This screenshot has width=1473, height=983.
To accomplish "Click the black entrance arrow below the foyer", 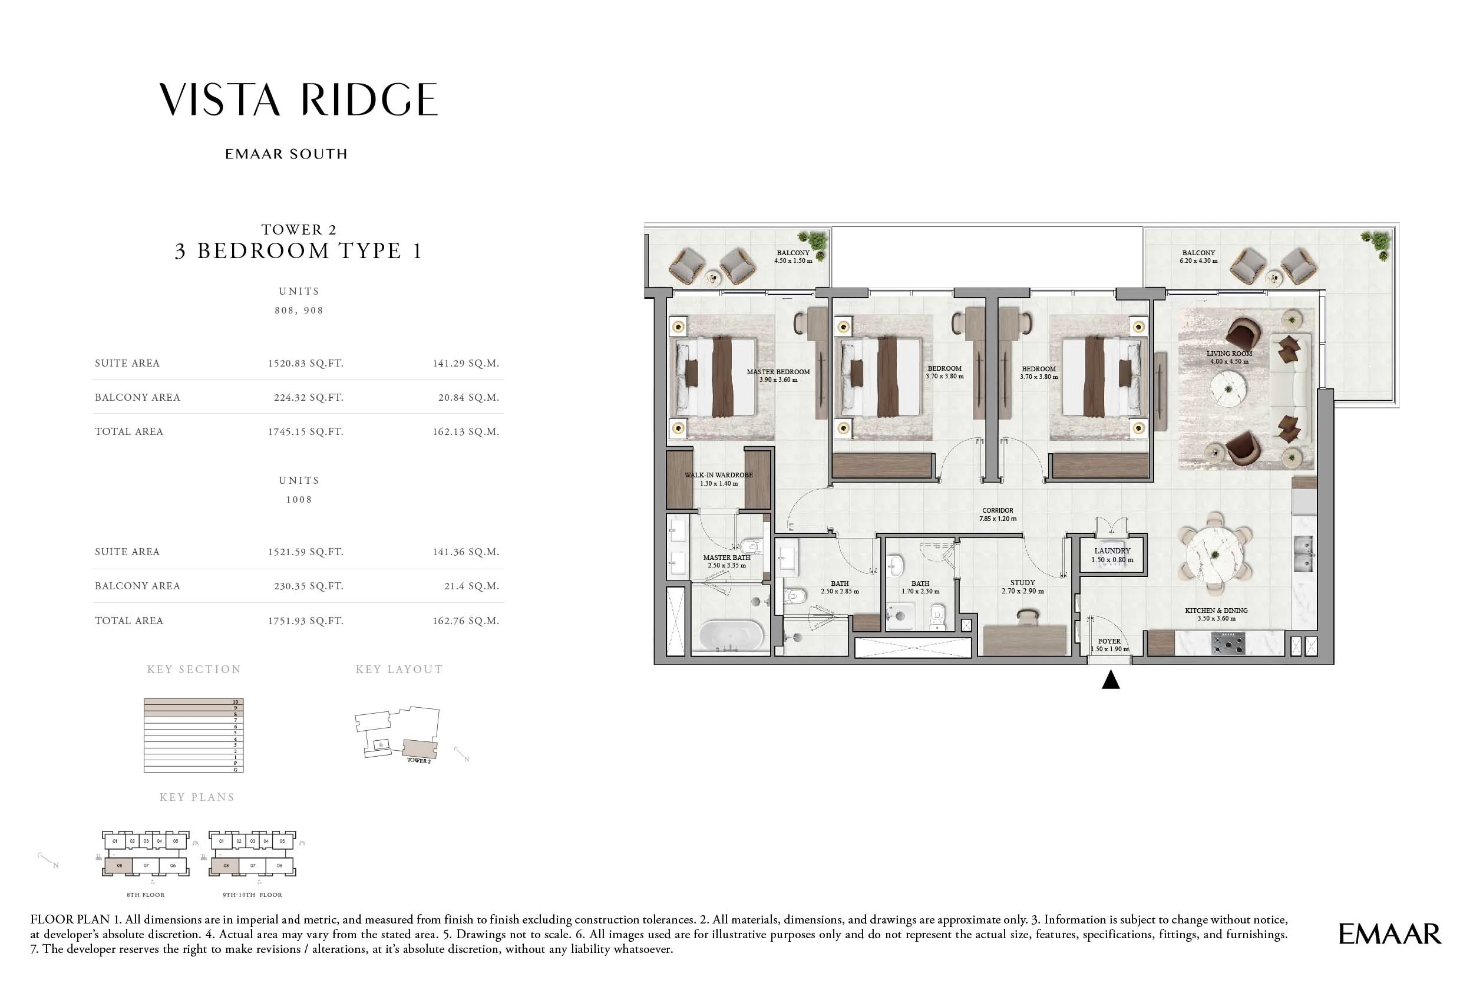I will (x=1110, y=679).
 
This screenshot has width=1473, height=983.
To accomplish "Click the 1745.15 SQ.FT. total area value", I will (x=305, y=431).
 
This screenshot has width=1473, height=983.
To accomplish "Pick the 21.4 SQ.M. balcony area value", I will (x=471, y=586).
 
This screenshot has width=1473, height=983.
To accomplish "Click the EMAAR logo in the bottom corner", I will (x=1390, y=934).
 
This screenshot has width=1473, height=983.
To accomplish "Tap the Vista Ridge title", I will (x=298, y=100).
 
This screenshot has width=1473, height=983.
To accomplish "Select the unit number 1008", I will (x=298, y=500).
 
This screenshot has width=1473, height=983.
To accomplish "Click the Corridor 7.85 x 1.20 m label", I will (x=998, y=514).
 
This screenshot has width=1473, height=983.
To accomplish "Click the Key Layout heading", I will (x=399, y=669).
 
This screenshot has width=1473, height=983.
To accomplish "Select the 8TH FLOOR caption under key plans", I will (x=146, y=895).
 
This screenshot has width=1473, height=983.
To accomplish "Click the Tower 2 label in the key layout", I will (x=419, y=760).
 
